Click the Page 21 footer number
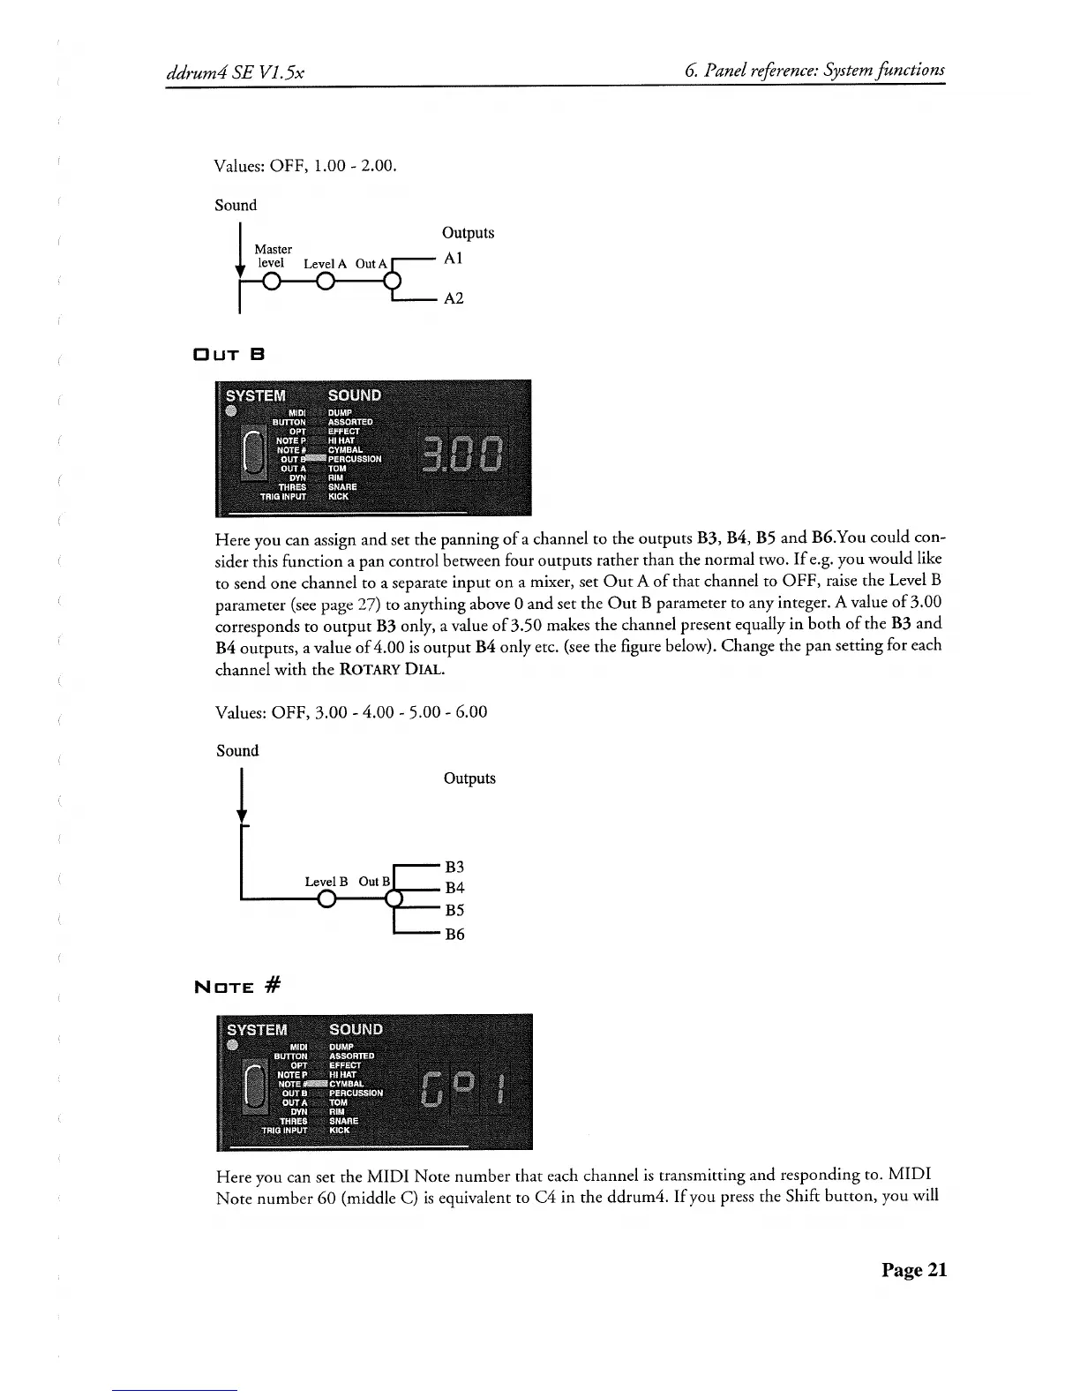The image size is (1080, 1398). coord(913,1270)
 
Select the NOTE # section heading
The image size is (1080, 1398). coord(237,985)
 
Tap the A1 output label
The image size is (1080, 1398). coord(453,259)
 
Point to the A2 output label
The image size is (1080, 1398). coord(454,299)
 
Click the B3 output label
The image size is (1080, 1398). coord(454,867)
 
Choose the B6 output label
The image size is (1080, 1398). coord(454,934)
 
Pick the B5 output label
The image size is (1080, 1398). coord(454,911)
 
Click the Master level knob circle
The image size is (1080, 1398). coord(271,282)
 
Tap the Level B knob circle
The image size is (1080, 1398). coord(326,900)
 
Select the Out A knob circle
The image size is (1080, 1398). coord(394,282)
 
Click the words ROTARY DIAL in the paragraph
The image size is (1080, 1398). coord(391,670)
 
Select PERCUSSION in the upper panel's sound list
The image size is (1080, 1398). coord(355,459)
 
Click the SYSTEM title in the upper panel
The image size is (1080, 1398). coord(256,395)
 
